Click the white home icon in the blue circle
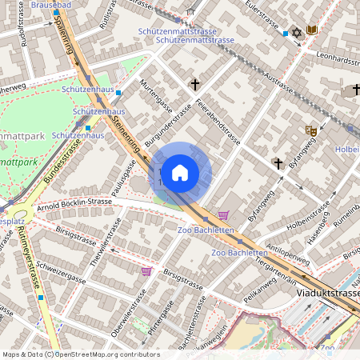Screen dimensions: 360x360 180,172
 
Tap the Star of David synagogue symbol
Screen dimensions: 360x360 298,31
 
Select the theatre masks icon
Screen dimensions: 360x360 311,130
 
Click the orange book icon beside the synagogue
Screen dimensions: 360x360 312,31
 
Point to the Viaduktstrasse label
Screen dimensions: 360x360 327,294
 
